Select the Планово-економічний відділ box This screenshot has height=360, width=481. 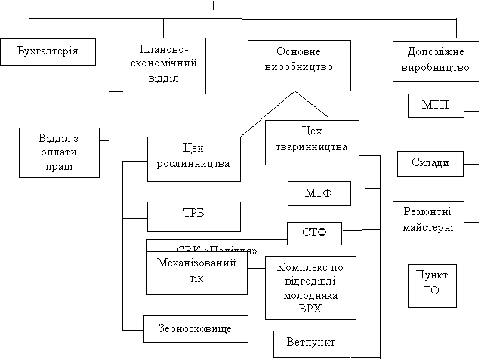(164, 66)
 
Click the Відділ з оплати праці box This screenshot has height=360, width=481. (58, 152)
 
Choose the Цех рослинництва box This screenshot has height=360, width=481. (193, 158)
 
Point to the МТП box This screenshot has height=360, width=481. (435, 105)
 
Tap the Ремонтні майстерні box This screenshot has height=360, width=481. (428, 223)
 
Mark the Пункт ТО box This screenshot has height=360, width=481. (431, 285)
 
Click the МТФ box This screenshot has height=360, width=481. (319, 194)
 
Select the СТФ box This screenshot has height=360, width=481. (314, 233)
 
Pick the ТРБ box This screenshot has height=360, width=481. (193, 216)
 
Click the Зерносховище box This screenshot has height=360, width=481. (196, 328)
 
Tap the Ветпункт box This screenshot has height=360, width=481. (312, 343)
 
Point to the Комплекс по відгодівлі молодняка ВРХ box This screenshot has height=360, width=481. (310, 287)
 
